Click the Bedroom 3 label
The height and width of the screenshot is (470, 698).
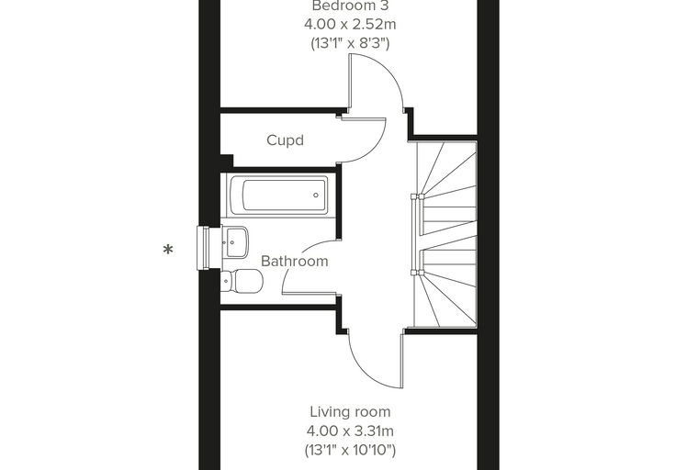350,6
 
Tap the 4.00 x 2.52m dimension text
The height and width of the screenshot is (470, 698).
350,24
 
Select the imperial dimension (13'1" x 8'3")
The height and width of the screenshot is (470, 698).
350,43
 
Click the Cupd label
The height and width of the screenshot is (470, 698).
285,140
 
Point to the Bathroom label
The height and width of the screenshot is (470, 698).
294,261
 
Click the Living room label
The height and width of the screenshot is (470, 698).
350,412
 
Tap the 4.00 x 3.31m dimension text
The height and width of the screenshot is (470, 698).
350,431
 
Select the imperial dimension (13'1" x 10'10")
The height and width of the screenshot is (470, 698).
350,450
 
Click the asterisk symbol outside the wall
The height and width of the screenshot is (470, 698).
168,250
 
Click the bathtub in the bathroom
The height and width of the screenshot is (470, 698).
279,195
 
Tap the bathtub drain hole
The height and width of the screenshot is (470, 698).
316,195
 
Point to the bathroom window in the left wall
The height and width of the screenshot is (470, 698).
203,248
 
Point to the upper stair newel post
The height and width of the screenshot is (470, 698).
418,196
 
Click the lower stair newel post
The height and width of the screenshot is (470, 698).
418,272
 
